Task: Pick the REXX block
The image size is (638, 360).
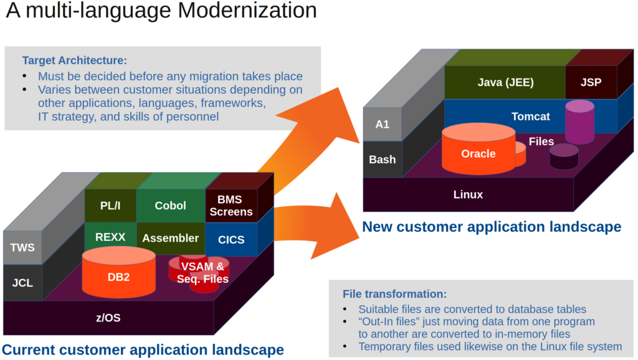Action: click(x=110, y=237)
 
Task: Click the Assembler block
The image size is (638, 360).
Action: click(x=170, y=238)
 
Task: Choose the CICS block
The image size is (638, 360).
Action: click(x=231, y=239)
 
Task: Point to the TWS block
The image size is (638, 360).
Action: click(x=22, y=248)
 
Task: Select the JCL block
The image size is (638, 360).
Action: click(x=22, y=283)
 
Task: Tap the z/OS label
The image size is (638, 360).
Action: click(x=108, y=318)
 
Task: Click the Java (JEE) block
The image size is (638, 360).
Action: click(x=505, y=82)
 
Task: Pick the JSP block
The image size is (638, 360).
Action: click(x=591, y=82)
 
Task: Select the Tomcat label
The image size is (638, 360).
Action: click(x=530, y=116)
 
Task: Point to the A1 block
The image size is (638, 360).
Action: click(x=382, y=124)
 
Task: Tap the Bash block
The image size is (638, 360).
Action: click(x=382, y=159)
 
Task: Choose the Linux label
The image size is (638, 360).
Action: click(x=468, y=194)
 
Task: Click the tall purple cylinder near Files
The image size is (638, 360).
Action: click(x=579, y=123)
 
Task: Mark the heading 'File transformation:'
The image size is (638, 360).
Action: click(x=394, y=294)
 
